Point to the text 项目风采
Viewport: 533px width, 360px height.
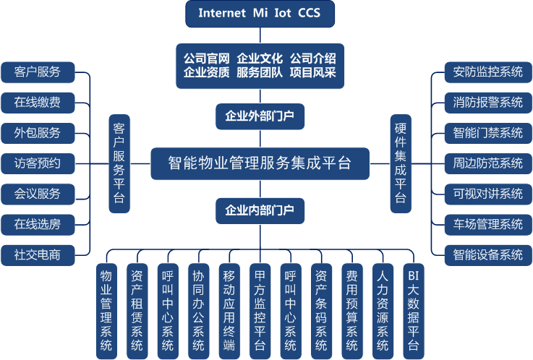312,72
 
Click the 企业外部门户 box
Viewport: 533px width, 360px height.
260,115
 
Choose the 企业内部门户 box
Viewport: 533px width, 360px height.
260,210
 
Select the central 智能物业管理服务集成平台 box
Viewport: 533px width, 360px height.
260,163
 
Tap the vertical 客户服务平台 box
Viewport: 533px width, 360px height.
119,163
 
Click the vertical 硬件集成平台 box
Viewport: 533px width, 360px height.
400,163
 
